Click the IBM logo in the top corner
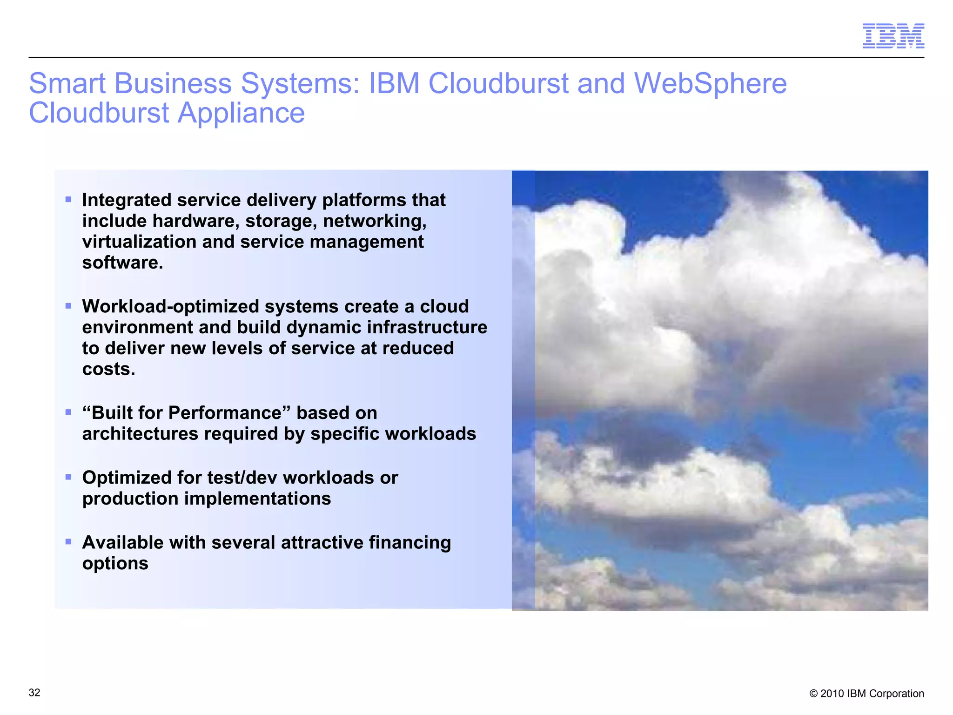coord(893,36)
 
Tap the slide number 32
coord(34,693)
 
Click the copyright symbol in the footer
coord(813,694)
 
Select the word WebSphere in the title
coord(710,84)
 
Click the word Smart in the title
coord(67,84)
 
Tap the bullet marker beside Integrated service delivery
coord(68,200)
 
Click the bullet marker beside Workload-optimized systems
coord(68,306)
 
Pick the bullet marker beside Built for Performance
coord(68,412)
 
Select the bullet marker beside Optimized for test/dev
coord(68,477)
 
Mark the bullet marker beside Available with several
coord(68,541)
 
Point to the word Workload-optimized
coord(170,306)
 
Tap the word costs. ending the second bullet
coord(108,369)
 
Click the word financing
coord(409,543)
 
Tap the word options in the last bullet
coord(115,564)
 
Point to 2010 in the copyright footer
coord(832,694)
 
